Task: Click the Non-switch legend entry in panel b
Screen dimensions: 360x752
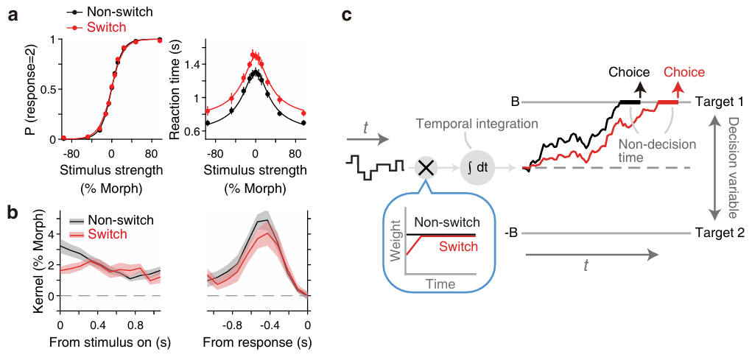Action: [122, 219]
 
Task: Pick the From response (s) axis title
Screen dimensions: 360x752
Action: [256, 343]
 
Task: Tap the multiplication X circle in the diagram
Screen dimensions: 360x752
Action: [426, 167]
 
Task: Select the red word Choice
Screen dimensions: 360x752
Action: [684, 72]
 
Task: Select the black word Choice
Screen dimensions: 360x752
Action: [628, 72]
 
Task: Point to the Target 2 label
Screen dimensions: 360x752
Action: [720, 233]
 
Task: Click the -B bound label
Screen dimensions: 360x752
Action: [511, 233]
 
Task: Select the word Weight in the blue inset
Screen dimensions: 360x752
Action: [396, 243]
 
